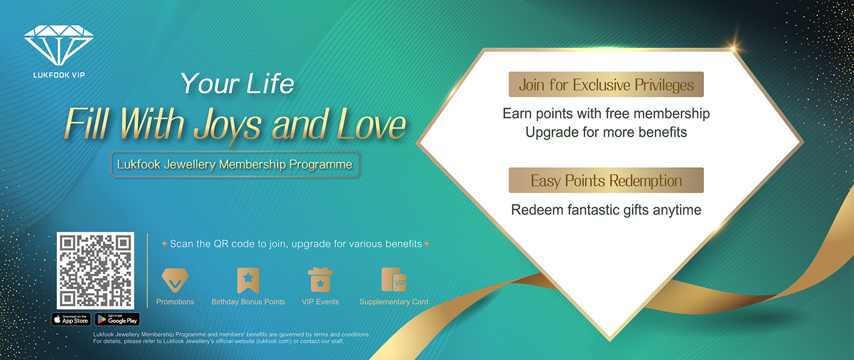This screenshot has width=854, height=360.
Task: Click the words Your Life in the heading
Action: [237, 84]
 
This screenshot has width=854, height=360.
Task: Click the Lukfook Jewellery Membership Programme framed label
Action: [235, 165]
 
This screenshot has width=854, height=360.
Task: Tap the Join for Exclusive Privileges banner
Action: [606, 85]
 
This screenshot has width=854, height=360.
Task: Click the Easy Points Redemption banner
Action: [606, 181]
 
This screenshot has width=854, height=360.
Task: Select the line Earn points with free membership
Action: [606, 113]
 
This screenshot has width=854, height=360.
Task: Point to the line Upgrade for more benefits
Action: [606, 132]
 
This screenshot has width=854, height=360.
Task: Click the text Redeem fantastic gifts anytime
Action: [606, 210]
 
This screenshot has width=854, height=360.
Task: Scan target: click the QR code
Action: [95, 270]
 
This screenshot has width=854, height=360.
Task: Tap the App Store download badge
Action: [71, 319]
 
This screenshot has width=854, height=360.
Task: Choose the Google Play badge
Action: [117, 319]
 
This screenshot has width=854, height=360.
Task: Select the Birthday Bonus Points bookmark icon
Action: [248, 280]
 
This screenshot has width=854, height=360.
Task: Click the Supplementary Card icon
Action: [393, 279]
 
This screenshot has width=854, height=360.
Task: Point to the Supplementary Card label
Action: [393, 302]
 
